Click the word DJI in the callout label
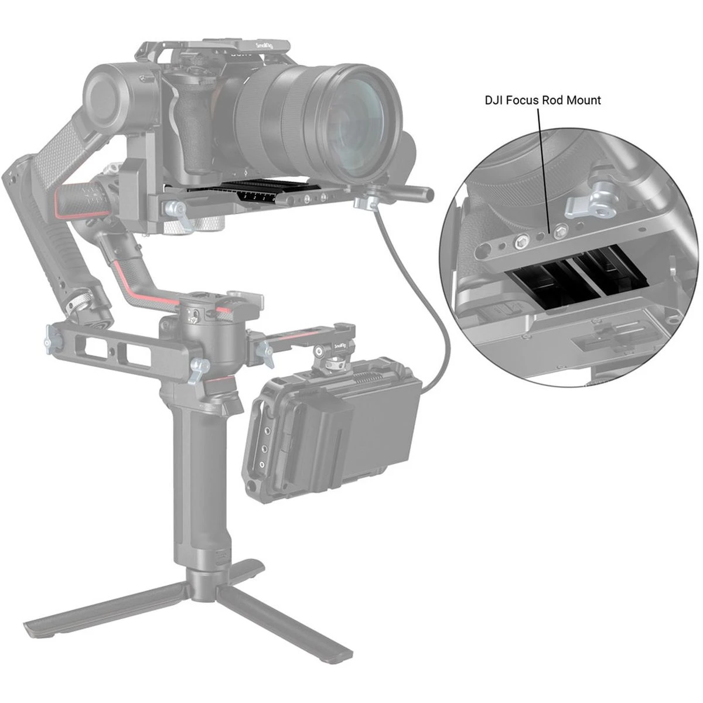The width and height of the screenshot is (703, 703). click(493, 100)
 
